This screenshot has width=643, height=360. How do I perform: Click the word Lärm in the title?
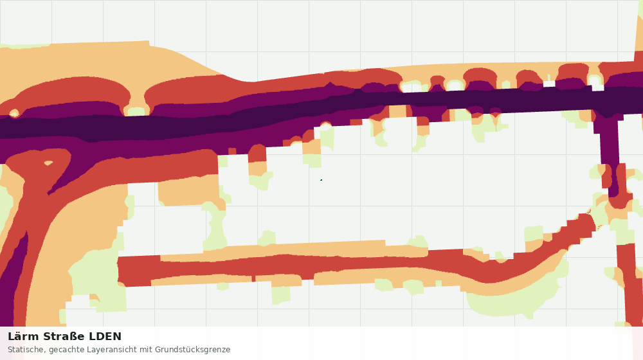point(23,336)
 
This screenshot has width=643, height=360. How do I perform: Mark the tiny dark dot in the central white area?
point(321,179)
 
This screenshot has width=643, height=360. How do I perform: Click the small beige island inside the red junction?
point(48,163)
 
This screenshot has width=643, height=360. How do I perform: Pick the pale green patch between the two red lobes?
point(137,111)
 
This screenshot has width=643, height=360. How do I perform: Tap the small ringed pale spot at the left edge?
point(14,113)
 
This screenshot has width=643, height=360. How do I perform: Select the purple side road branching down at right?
point(610,156)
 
